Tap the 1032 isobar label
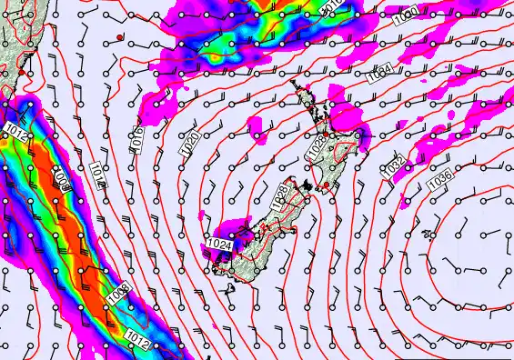click(393, 165)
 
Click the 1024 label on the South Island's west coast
click(217, 244)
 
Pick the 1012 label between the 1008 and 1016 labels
click(98, 174)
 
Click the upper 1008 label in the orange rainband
click(61, 177)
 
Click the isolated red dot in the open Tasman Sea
click(119, 36)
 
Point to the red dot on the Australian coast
click(22, 70)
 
